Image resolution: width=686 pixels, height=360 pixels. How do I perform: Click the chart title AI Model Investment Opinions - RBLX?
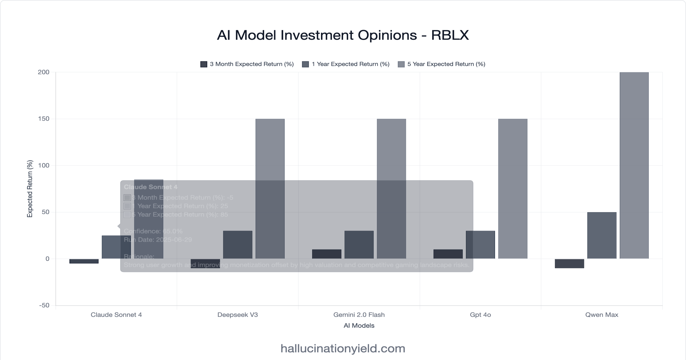coord(343,35)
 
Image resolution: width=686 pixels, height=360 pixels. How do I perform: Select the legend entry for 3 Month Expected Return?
coord(247,64)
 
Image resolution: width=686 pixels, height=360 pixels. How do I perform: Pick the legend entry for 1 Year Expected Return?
coord(346,64)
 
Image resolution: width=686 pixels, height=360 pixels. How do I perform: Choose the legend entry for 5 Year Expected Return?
coord(441,64)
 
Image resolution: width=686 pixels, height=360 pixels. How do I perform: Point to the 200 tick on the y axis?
coord(44,72)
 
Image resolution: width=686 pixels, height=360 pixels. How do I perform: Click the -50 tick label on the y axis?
coord(44,305)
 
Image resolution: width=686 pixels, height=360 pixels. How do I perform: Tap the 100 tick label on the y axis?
coord(44,165)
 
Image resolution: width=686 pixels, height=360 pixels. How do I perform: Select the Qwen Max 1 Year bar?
coord(602,235)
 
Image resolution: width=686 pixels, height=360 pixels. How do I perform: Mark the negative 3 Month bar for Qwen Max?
coord(569,263)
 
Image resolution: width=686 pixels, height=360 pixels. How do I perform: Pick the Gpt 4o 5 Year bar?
coord(512,189)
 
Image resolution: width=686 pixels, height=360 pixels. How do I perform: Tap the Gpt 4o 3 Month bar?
coord(448,254)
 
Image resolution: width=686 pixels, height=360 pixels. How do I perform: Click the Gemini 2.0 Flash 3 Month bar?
coord(326,254)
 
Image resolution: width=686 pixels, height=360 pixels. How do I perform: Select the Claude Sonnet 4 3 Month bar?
coord(84,261)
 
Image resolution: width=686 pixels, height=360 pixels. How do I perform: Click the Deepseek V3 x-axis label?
coord(238,315)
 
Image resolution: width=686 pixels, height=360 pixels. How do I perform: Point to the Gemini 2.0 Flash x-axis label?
coord(359,315)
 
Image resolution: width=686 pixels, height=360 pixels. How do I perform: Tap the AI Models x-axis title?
coord(359,326)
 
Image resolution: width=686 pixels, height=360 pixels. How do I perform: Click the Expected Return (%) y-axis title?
coord(30,189)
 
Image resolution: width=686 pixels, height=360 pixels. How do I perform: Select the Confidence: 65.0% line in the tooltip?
coord(153,231)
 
